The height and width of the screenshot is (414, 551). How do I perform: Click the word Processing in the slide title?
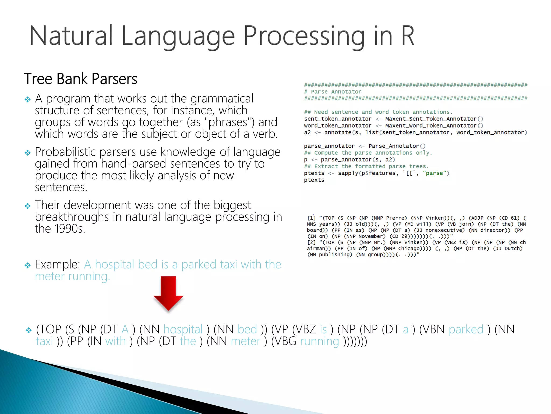(304, 36)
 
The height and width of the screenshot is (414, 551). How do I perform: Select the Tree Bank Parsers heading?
(81, 79)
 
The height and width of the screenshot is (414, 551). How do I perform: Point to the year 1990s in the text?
(70, 229)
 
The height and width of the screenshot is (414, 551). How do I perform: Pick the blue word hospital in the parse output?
(183, 329)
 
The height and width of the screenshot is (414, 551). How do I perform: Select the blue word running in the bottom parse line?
(319, 341)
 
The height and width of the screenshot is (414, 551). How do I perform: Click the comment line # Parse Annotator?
(333, 92)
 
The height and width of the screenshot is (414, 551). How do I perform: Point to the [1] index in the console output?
(311, 218)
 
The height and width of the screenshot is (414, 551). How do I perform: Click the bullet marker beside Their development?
(28, 206)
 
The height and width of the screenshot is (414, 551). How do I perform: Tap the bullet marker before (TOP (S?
(29, 330)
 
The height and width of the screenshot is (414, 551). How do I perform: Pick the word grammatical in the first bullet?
(222, 99)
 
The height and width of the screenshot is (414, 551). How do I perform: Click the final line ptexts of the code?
(314, 180)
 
